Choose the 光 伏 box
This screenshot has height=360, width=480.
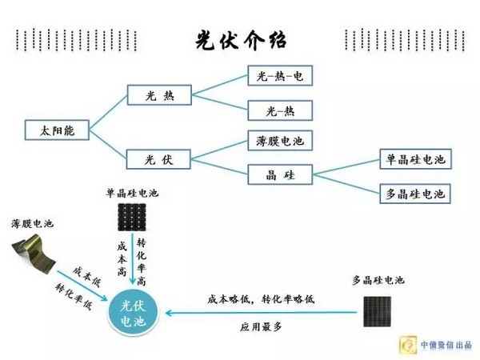[160, 158]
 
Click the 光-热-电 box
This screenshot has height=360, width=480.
[279, 76]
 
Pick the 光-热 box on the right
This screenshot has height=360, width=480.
[279, 110]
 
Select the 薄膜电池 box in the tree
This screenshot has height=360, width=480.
[279, 142]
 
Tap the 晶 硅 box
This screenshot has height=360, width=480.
[279, 174]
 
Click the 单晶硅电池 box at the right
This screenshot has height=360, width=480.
[414, 160]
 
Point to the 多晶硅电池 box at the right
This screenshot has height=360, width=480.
[414, 193]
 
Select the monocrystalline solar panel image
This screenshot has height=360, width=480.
[133, 215]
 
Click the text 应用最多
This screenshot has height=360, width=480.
[261, 326]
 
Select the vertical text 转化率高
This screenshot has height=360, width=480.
[142, 262]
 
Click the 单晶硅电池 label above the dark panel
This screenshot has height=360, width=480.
[133, 193]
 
